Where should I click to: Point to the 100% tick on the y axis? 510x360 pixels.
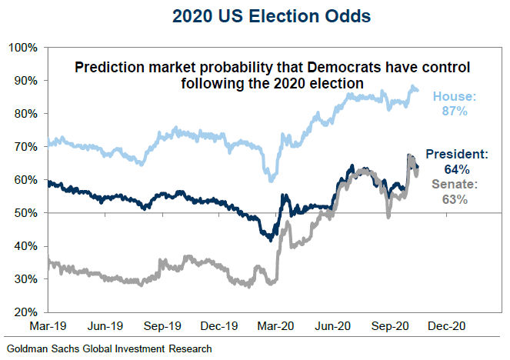(x=25, y=48)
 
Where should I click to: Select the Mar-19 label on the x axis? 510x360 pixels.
(x=48, y=325)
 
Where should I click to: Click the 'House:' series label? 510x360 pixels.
(x=455, y=97)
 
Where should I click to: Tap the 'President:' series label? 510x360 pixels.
(x=457, y=154)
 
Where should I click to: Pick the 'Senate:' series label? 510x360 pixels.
(x=453, y=185)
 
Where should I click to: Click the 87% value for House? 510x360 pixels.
(x=455, y=112)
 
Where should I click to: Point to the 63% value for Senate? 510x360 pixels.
(x=454, y=200)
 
